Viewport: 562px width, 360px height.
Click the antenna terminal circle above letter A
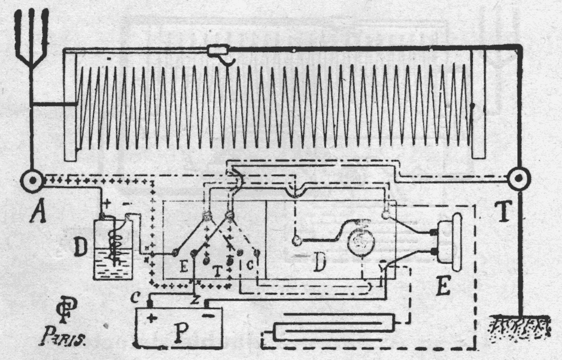[x=31, y=180]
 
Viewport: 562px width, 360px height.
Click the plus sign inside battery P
[x=150, y=318]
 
